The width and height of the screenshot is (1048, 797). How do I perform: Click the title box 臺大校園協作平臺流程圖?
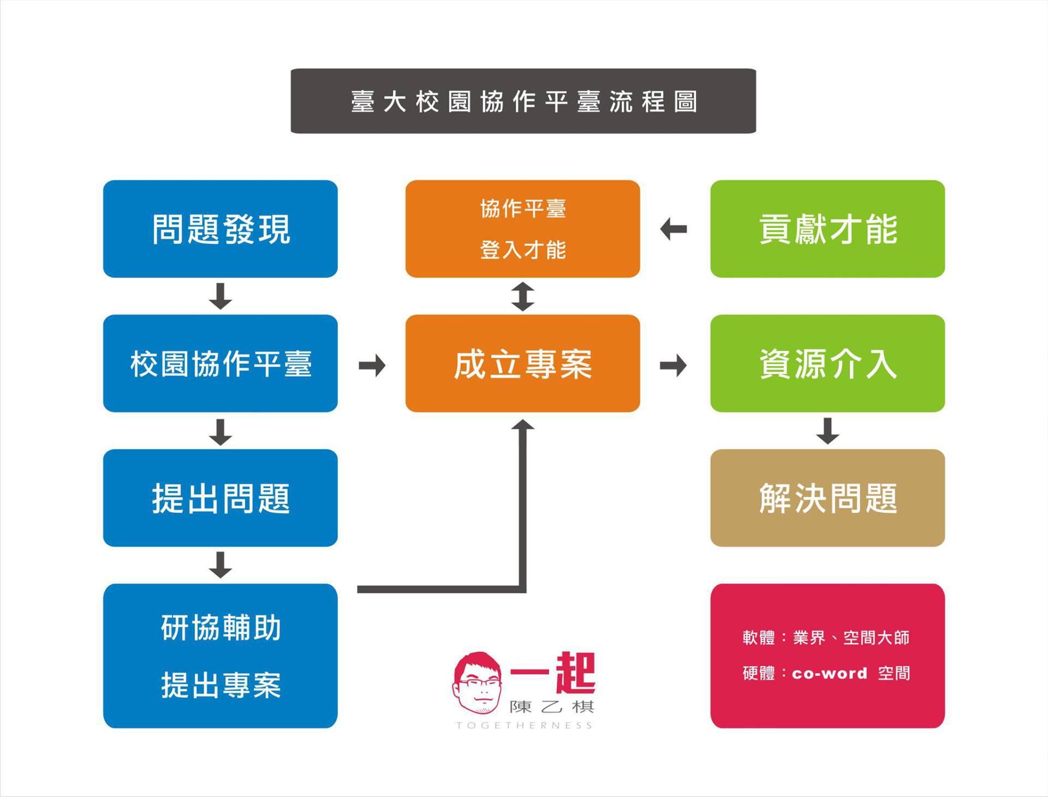(x=523, y=101)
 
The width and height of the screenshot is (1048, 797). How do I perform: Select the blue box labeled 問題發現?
(x=221, y=229)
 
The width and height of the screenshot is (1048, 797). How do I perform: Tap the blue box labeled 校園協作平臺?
(x=221, y=364)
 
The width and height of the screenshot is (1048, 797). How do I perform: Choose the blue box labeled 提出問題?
(x=221, y=498)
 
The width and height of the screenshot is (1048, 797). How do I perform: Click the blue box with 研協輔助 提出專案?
(x=221, y=656)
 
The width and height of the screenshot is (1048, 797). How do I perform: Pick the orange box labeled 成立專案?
(x=522, y=364)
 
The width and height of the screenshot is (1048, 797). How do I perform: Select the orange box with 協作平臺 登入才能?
(x=522, y=229)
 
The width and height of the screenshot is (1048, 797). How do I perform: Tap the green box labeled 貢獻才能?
(x=827, y=229)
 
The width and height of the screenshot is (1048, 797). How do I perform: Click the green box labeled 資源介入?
(x=827, y=364)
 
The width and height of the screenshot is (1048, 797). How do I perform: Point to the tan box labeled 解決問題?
(x=827, y=498)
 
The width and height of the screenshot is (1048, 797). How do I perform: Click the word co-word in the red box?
(x=829, y=674)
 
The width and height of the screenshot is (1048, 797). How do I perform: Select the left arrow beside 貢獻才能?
(x=674, y=229)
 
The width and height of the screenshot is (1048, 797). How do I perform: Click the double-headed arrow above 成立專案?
(x=523, y=296)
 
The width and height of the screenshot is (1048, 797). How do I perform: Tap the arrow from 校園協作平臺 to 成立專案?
(x=372, y=365)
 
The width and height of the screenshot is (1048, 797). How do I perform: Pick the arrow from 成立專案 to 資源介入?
(x=674, y=365)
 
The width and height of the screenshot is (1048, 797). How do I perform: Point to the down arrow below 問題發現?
(x=221, y=296)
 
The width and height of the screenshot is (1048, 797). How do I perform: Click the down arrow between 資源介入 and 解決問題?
(x=827, y=431)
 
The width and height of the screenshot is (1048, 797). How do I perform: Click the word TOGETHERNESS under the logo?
(x=524, y=725)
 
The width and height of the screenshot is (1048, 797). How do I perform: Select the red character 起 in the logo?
(x=575, y=673)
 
